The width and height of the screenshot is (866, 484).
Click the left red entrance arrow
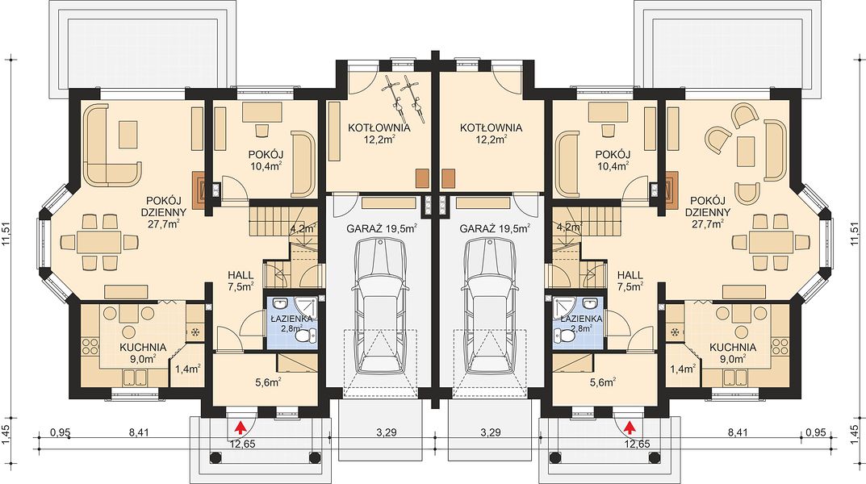[241, 427]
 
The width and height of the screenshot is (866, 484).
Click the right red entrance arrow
[630, 427]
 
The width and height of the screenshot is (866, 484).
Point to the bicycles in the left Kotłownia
[404, 98]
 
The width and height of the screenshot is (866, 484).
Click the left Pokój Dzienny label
[165, 212]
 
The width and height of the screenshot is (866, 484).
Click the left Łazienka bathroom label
[292, 323]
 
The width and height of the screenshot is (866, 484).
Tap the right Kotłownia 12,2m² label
[491, 134]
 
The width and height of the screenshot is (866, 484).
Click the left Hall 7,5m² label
[241, 281]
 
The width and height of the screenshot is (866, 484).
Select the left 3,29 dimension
[386, 432]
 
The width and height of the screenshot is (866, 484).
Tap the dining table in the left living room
[98, 242]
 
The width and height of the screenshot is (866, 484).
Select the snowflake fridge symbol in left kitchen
[195, 332]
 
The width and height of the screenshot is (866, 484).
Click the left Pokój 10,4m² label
[266, 159]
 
